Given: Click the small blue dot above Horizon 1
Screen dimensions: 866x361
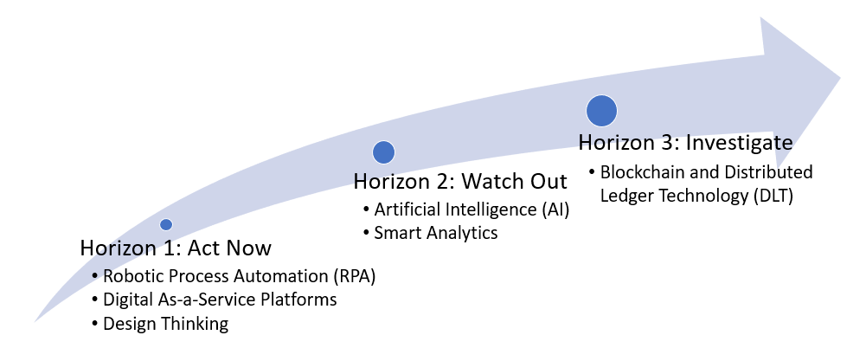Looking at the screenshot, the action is pos(166,224).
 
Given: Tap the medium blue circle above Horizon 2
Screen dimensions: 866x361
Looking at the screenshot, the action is pos(383,152).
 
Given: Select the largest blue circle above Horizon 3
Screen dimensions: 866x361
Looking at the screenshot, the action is pos(601,111).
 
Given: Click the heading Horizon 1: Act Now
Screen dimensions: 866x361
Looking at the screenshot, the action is pos(176,248).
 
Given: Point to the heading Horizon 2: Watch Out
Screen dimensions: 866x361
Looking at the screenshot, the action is pos(460,181).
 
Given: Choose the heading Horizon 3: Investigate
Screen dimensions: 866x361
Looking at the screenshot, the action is pos(685,143).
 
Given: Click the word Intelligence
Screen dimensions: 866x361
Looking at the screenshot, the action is pos(485,210).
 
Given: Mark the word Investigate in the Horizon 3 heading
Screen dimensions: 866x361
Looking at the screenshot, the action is pos(739,143).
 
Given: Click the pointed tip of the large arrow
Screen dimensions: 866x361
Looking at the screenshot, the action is pos(840,77).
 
